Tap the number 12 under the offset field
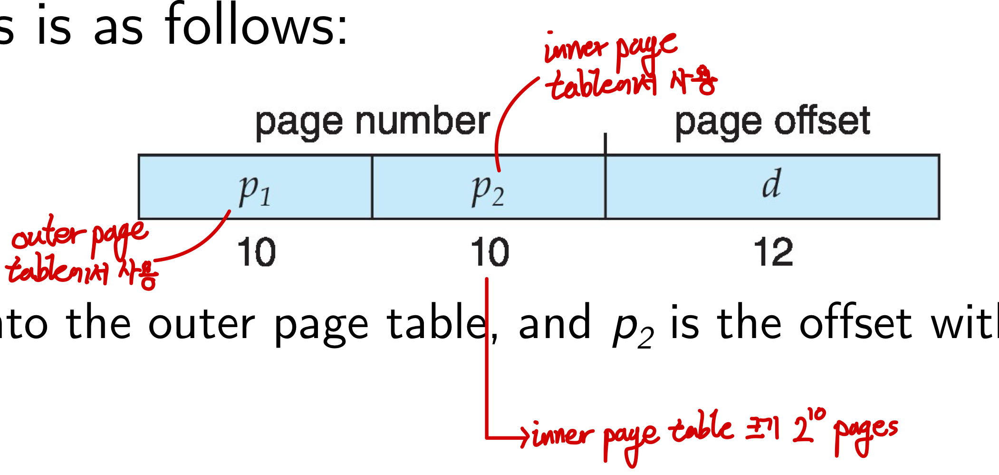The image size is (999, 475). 773,252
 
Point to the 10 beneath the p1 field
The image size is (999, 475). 256,252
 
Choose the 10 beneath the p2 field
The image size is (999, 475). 490,252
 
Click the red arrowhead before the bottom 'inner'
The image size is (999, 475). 524,436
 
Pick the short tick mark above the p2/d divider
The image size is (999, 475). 605,144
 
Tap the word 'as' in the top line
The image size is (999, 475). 118,29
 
